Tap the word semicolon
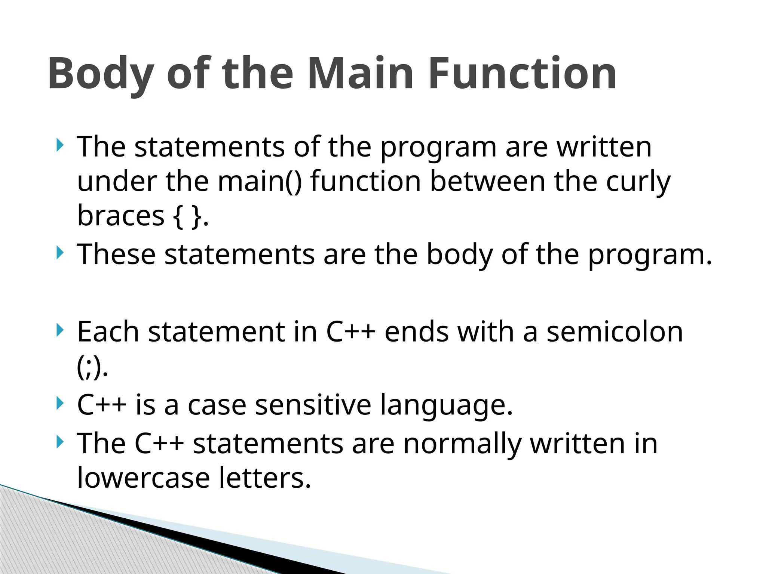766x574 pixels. tap(615, 332)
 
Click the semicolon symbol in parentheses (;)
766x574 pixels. tap(91, 368)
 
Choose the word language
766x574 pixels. tap(446, 405)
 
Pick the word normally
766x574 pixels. tap(462, 444)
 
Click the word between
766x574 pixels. tap(487, 182)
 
